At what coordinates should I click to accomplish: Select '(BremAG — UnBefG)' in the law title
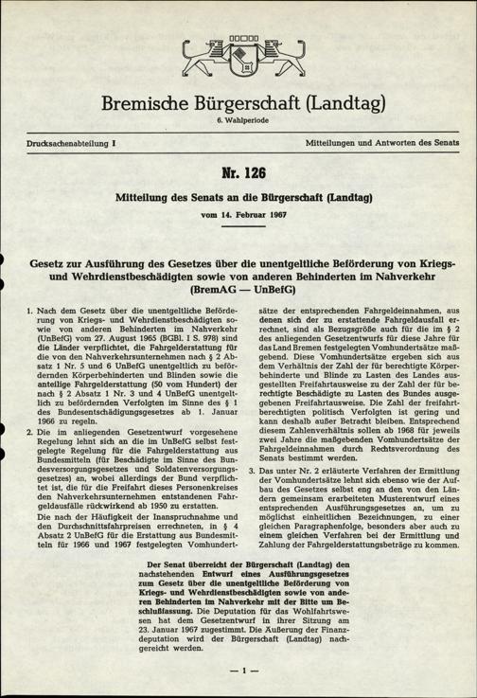tap(238, 284)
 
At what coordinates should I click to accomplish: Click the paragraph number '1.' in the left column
tap(32, 312)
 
